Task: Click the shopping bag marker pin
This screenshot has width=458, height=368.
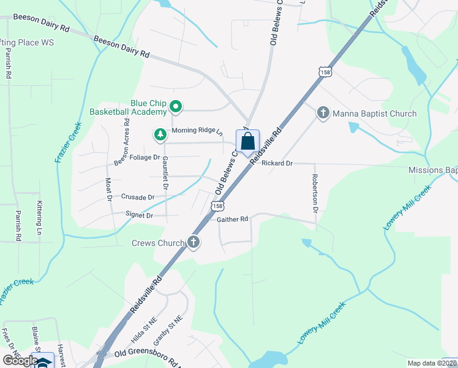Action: coord(247,141)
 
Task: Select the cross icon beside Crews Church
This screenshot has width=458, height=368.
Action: coord(193,242)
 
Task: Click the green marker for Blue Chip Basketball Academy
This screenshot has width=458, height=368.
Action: coord(176,107)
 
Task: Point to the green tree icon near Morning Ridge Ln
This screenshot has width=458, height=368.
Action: coord(160,134)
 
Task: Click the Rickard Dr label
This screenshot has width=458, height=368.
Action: coord(277,164)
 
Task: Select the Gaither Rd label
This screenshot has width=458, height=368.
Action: coord(233,219)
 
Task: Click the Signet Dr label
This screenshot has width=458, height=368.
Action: coord(140,215)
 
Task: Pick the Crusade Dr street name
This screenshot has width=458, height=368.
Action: coord(138,197)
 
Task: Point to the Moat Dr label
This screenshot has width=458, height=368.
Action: coord(108,190)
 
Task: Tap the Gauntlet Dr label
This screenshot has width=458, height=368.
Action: coord(165,172)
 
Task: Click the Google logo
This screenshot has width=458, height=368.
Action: coord(20,361)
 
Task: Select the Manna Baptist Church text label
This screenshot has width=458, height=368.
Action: coord(374,113)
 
